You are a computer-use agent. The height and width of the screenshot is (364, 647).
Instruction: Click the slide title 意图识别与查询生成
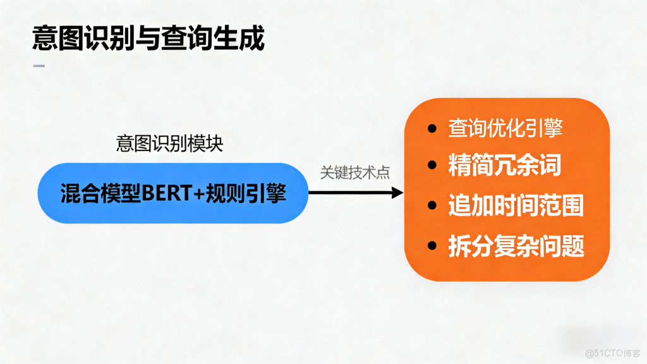(x=148, y=39)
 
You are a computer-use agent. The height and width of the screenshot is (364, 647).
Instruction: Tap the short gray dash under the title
(x=39, y=66)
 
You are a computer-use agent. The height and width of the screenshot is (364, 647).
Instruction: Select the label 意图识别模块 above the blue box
(x=169, y=143)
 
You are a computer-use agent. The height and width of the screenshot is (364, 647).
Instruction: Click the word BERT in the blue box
(x=166, y=193)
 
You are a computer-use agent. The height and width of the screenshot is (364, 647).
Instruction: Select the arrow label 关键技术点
(x=354, y=173)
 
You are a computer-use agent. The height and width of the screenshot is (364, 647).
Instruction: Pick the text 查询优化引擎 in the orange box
(x=505, y=128)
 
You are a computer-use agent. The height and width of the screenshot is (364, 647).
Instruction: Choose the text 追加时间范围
(x=516, y=206)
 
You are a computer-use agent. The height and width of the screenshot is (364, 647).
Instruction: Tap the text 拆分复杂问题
(x=516, y=245)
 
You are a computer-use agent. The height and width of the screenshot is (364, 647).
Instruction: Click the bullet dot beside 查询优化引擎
(x=432, y=129)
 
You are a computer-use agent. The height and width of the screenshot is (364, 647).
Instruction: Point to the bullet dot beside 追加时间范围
(x=432, y=206)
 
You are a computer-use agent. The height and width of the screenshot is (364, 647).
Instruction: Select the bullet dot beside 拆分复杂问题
(x=432, y=245)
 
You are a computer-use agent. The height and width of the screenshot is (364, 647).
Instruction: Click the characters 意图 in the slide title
(x=55, y=39)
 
